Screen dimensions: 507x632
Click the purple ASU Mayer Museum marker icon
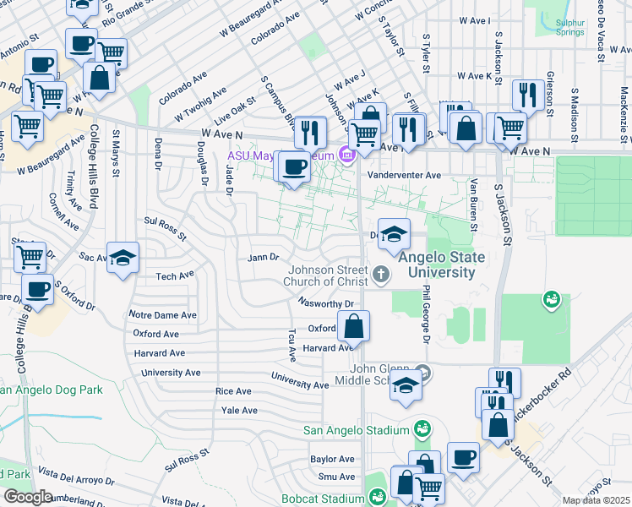(346, 155)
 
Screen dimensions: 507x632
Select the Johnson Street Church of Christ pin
(382, 273)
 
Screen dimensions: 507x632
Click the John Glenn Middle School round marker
(425, 372)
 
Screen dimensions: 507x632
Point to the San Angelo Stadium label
(356, 430)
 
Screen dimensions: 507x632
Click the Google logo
(28, 496)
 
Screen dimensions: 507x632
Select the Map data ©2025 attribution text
(596, 500)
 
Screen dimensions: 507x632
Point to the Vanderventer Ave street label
(409, 175)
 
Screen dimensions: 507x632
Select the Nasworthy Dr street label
(329, 303)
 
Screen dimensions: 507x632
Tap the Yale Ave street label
(238, 410)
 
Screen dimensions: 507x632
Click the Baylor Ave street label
(332, 459)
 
